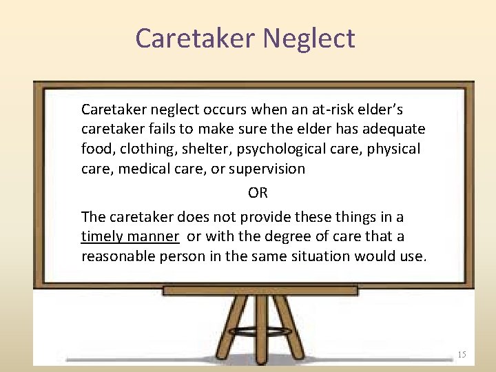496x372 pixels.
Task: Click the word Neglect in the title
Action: pyautogui.click(x=309, y=38)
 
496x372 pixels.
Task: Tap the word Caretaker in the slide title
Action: pyautogui.click(x=196, y=38)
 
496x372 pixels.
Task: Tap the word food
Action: pyautogui.click(x=96, y=149)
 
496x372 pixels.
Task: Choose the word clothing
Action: pyautogui.click(x=147, y=149)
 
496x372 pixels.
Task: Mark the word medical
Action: pyautogui.click(x=143, y=169)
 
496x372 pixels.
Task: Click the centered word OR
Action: pyautogui.click(x=258, y=193)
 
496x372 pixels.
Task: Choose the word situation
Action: pyautogui.click(x=320, y=256)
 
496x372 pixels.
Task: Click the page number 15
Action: pyautogui.click(x=462, y=354)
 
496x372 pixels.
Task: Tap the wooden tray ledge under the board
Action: pyautogui.click(x=260, y=291)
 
